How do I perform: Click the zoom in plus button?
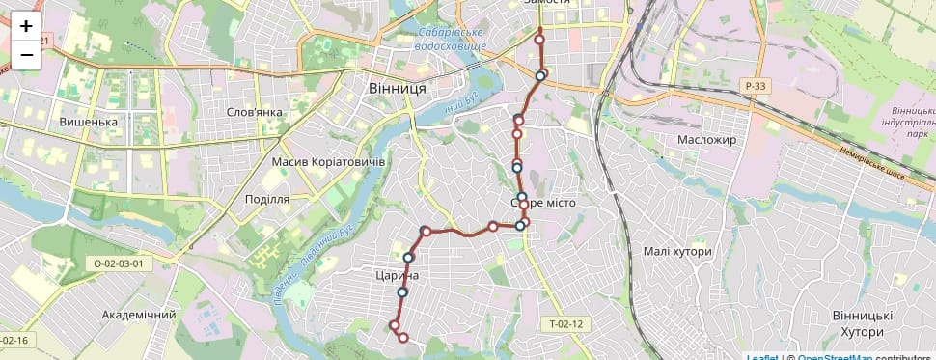pyautogui.click(x=26, y=26)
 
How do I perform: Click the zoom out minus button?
pyautogui.click(x=26, y=55)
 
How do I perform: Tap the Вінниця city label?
pyautogui.click(x=397, y=88)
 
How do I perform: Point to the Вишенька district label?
pyautogui.click(x=88, y=123)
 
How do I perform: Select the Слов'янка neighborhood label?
pyautogui.click(x=254, y=112)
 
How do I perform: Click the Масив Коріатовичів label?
pyautogui.click(x=328, y=161)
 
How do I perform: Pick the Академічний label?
pyautogui.click(x=139, y=315)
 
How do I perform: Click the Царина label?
pyautogui.click(x=396, y=276)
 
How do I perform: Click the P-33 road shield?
pyautogui.click(x=756, y=86)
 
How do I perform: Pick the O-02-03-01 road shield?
pyautogui.click(x=119, y=263)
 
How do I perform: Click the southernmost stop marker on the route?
pyautogui.click(x=403, y=338)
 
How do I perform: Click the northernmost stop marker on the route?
pyautogui.click(x=539, y=39)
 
